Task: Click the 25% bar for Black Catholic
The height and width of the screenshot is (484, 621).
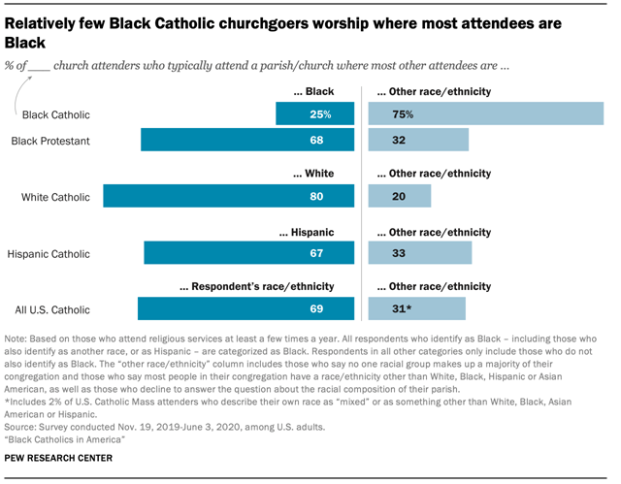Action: pyautogui.click(x=307, y=114)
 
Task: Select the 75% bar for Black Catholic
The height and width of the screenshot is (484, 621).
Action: pyautogui.click(x=486, y=114)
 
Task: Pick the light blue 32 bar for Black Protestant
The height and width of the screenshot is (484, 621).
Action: pyautogui.click(x=418, y=141)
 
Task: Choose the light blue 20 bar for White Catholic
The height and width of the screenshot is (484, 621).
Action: pyautogui.click(x=400, y=197)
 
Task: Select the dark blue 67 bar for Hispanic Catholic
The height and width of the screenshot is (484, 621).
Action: pyautogui.click(x=241, y=254)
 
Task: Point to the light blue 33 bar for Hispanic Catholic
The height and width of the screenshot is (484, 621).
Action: pyautogui.click(x=420, y=254)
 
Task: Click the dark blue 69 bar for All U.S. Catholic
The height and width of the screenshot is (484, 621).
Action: pyautogui.click(x=239, y=309)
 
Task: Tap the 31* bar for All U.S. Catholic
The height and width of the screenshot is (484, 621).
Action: pyautogui.click(x=417, y=309)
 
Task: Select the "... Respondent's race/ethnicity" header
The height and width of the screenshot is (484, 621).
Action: pyautogui.click(x=257, y=287)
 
